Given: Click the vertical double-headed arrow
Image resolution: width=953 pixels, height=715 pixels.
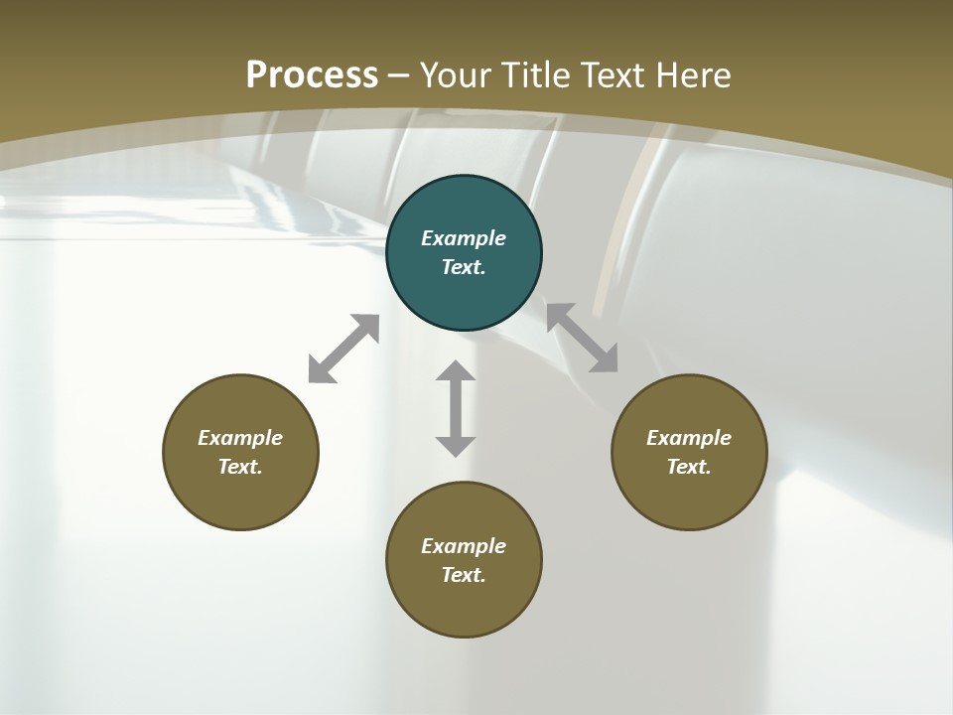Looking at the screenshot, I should pos(456,408).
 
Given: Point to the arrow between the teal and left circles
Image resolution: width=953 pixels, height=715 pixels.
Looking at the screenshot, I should pos(343,349).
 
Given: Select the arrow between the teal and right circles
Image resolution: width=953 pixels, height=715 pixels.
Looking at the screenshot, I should pos(582,338).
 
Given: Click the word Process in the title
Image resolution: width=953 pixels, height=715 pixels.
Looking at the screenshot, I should pos(312,74).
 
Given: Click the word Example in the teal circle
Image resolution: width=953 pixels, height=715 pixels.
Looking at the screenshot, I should pos(464,238).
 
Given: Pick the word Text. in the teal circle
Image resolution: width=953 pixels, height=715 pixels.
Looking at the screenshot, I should pos(464,267).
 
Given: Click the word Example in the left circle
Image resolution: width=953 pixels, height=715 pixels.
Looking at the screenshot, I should pos(240,438).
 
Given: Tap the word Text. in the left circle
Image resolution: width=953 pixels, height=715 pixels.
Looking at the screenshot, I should pos(240,467).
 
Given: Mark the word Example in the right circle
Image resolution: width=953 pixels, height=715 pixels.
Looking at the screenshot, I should pos(689,438).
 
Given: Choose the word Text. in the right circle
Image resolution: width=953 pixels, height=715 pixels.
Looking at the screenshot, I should pos(689,467).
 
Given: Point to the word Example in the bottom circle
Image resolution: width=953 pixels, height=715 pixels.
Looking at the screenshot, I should pos(464,546).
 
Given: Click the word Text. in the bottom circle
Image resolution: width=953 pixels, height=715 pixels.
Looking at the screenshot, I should pos(464,575).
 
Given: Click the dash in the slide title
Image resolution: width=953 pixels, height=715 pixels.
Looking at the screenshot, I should pos(399,75).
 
